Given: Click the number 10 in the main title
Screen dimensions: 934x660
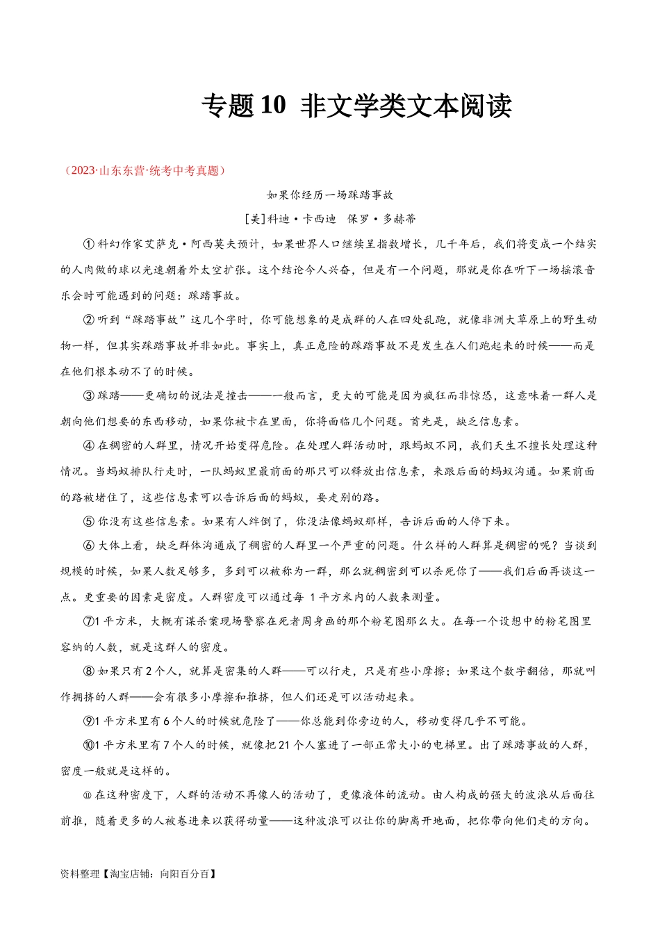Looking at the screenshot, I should (273, 105).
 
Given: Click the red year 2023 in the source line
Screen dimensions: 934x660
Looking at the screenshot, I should (83, 170).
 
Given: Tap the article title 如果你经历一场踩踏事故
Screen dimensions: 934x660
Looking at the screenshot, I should (330, 195).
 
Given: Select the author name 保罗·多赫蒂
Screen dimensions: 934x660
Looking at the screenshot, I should (381, 219).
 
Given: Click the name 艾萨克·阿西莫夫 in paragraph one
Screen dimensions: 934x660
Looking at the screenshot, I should (211, 244).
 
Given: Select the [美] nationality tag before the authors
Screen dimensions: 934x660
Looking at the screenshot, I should (256, 219).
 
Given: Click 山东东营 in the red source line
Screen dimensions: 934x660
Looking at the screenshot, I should (121, 170).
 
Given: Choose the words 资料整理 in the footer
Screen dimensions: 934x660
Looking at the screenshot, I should (80, 874).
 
